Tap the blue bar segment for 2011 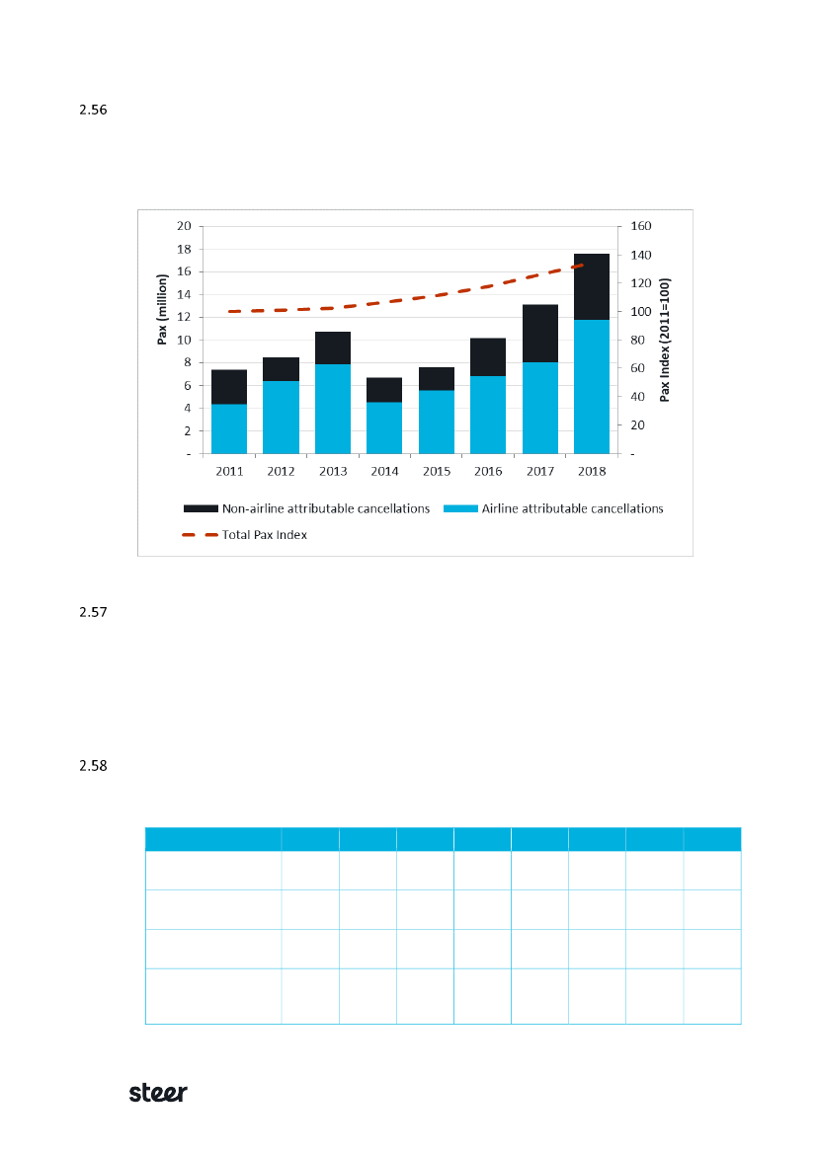229,428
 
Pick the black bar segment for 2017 539,334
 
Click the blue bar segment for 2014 384,427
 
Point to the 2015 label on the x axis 437,472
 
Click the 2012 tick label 281,472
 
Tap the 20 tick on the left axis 183,226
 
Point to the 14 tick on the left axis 183,294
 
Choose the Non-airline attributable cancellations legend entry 307,509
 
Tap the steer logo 159,1093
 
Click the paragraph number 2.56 91,110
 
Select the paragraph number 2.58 91,766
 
